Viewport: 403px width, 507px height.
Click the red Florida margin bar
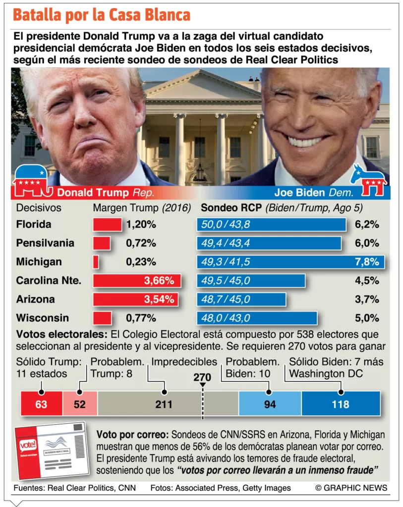pyautogui.click(x=107, y=224)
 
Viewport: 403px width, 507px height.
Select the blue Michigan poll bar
pyautogui.click(x=290, y=262)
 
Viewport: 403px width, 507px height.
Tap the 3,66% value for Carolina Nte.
pyautogui.click(x=159, y=281)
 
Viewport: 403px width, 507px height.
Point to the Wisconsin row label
pyautogui.click(x=42, y=318)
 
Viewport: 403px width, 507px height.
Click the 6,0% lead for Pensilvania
pyautogui.click(x=367, y=243)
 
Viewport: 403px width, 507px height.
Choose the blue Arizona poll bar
pyautogui.click(x=241, y=300)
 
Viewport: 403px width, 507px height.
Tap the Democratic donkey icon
pyautogui.click(x=369, y=180)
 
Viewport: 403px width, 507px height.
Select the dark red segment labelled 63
pyautogui.click(x=41, y=404)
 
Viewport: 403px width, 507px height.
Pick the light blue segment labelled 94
pyautogui.click(x=270, y=404)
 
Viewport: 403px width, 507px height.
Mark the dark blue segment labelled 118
pyautogui.click(x=341, y=404)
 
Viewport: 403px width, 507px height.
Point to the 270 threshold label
pyautogui.click(x=202, y=377)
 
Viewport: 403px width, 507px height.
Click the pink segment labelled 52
pyautogui.click(x=80, y=404)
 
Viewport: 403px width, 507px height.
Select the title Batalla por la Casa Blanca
pyautogui.click(x=102, y=15)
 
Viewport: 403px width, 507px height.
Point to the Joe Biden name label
pyautogui.click(x=299, y=192)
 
